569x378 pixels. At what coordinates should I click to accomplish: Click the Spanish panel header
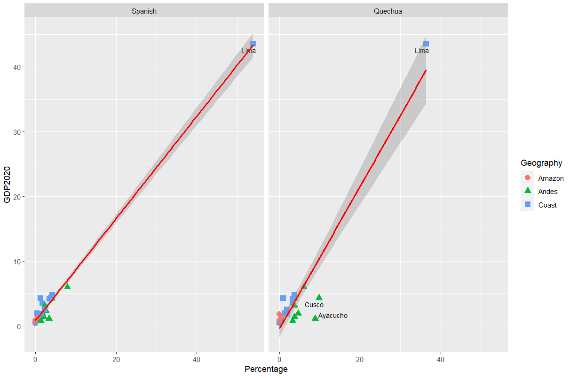pyautogui.click(x=144, y=11)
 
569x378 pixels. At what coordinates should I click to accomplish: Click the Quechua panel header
pyautogui.click(x=388, y=11)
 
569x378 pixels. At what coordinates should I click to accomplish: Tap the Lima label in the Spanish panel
pyautogui.click(x=249, y=51)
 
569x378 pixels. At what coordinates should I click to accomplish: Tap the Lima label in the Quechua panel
pyautogui.click(x=422, y=51)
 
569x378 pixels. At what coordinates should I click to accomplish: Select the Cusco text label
pyautogui.click(x=314, y=305)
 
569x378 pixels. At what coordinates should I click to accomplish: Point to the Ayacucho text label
pyautogui.click(x=333, y=316)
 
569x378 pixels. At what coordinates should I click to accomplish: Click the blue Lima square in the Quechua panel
pyautogui.click(x=426, y=44)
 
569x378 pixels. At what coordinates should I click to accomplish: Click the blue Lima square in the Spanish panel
pyautogui.click(x=253, y=44)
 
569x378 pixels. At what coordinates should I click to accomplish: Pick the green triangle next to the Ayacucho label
pyautogui.click(x=315, y=318)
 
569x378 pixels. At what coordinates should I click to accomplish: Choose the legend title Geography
pyautogui.click(x=541, y=163)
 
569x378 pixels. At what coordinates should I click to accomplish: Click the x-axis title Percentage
pyautogui.click(x=266, y=369)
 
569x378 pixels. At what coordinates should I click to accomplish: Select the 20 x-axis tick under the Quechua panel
pyautogui.click(x=360, y=359)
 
